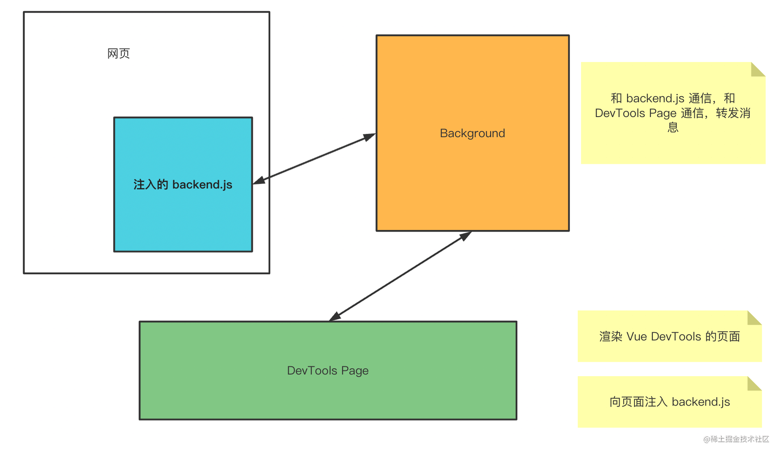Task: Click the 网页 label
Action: tap(119, 54)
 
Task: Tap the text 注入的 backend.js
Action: tap(183, 185)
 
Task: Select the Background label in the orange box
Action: tap(472, 133)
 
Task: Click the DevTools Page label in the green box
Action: tap(328, 371)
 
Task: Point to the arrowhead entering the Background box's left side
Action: tap(370, 137)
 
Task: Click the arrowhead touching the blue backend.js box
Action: tap(259, 181)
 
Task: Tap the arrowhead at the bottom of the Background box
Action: tap(465, 236)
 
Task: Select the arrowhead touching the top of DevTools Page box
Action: tap(335, 316)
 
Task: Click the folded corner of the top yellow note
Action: tap(758, 69)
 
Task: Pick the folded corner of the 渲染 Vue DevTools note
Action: tap(754, 318)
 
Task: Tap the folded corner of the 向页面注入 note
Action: tap(754, 384)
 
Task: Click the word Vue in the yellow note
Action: tap(637, 337)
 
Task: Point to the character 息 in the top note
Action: tap(673, 127)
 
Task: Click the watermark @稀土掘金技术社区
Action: tap(736, 439)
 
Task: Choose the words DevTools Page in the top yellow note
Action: tap(636, 113)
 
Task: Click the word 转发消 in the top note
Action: tap(733, 113)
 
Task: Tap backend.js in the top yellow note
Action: tap(655, 99)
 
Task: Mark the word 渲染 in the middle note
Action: tap(611, 337)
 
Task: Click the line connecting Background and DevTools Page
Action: tap(400, 276)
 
